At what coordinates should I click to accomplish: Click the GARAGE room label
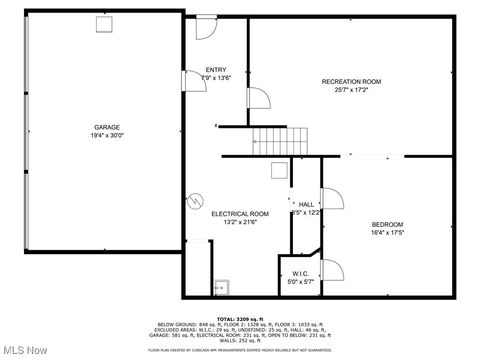click(x=107, y=127)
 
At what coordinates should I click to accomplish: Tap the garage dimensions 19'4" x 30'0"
click(x=107, y=135)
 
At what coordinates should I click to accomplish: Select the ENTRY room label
click(x=216, y=69)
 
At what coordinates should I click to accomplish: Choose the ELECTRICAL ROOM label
click(x=240, y=214)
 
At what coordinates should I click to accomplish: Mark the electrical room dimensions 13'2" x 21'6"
click(x=240, y=222)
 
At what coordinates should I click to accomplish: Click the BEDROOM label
click(x=387, y=223)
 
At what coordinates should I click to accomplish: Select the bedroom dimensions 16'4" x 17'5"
click(x=387, y=231)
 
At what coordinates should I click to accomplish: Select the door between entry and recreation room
click(x=258, y=99)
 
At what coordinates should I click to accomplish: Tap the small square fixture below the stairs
click(x=279, y=169)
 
